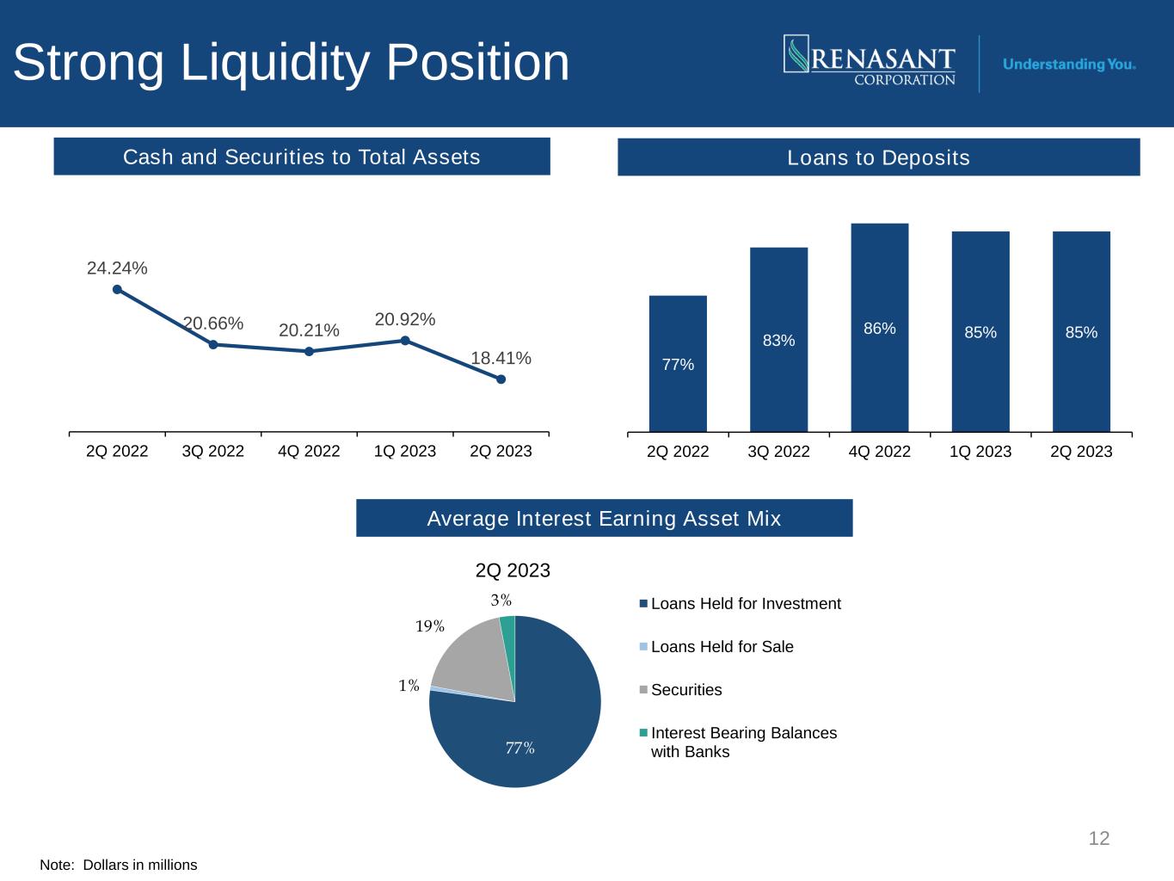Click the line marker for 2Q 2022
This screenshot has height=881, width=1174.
(117, 289)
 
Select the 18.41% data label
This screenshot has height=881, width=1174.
(501, 358)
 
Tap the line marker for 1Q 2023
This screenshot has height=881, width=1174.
(405, 340)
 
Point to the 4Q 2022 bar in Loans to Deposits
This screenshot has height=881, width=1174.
(879, 327)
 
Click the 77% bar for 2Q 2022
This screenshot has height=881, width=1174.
(678, 364)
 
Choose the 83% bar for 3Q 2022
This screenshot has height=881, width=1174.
(778, 340)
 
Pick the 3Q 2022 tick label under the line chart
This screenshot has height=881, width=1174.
(213, 451)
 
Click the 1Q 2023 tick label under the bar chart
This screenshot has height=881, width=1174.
(980, 452)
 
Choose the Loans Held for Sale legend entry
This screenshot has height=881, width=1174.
(722, 647)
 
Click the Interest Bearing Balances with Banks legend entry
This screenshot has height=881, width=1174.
(743, 742)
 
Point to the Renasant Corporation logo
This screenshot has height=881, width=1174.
(869, 61)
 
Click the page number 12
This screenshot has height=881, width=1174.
(1098, 838)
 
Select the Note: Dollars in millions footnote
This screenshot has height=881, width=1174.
(119, 865)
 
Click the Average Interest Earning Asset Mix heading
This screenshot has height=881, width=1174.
(604, 519)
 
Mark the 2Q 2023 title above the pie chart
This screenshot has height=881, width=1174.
(513, 570)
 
